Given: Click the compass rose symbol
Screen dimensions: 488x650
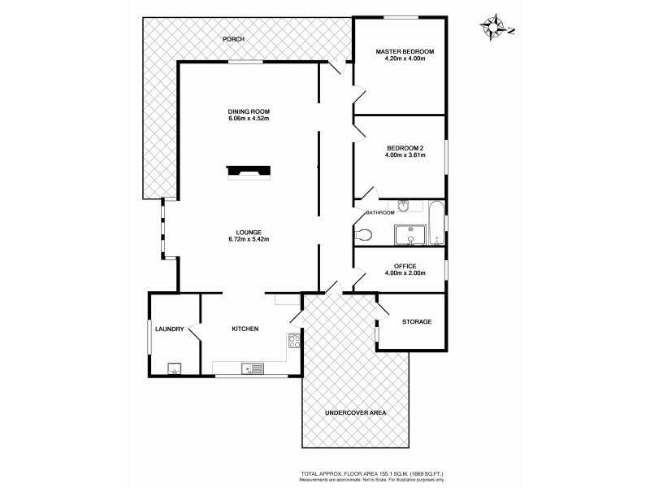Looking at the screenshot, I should tap(493, 28).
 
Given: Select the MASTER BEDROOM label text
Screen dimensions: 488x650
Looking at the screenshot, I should tap(405, 52).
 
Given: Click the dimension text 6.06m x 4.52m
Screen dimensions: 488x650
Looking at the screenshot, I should tap(249, 119).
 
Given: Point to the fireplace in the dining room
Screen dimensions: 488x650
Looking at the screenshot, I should tap(249, 171).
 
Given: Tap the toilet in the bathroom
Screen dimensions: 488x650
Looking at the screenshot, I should tap(365, 235).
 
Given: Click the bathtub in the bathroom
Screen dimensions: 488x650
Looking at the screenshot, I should tap(437, 223).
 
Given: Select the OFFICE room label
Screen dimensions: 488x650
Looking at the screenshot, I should tap(405, 266).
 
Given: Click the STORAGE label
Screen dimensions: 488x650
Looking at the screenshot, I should tap(417, 321).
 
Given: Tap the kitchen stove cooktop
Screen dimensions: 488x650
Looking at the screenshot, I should tap(294, 342).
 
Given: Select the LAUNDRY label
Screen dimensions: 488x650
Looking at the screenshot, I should tap(170, 329).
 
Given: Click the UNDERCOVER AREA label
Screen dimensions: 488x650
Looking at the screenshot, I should tap(355, 413).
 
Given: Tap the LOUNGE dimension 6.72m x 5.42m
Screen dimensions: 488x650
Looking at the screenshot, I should tap(249, 239).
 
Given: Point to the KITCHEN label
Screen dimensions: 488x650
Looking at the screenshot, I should tap(245, 329).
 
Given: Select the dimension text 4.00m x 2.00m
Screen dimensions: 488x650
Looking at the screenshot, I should tap(405, 273).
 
